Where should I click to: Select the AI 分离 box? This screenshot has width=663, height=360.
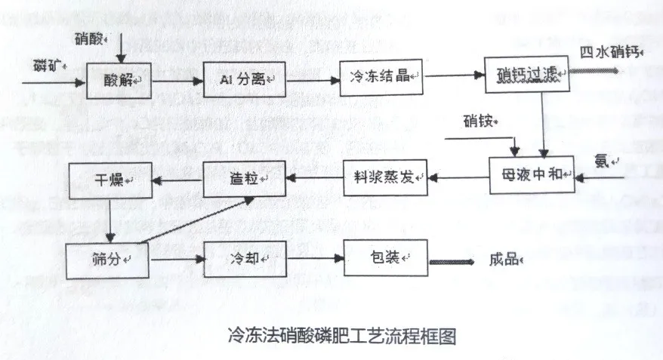[x=245, y=77]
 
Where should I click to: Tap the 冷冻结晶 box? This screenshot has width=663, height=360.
[x=380, y=76]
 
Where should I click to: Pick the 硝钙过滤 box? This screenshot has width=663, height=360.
[x=516, y=75]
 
